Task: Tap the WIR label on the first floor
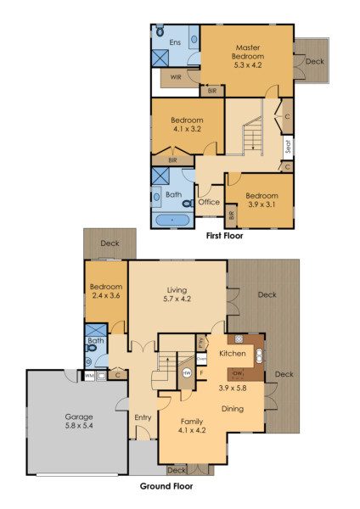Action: click(176, 77)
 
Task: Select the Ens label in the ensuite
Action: click(176, 42)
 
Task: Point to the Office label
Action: click(209, 203)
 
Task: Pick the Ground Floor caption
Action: click(166, 487)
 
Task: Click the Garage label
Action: click(79, 417)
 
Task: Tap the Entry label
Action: click(143, 417)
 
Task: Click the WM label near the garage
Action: click(89, 374)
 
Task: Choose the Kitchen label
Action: click(233, 353)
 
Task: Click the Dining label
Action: click(233, 409)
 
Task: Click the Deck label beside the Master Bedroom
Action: click(314, 61)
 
